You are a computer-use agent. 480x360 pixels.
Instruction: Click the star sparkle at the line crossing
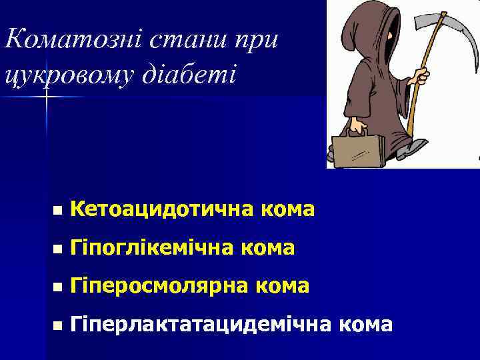click(47, 97)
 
